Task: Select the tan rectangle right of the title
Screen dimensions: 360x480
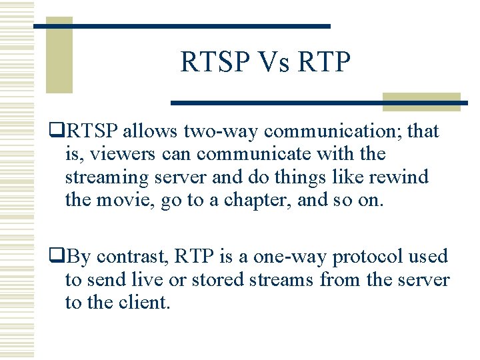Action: [x=421, y=101]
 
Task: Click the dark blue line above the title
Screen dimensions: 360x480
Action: [x=181, y=26]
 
